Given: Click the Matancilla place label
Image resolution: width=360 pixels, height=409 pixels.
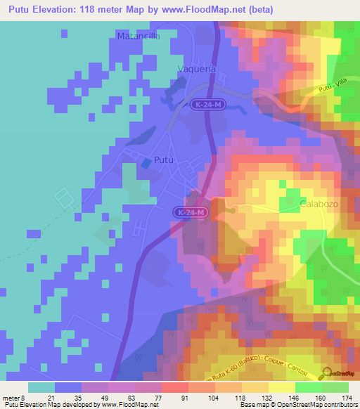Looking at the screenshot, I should click(x=141, y=34).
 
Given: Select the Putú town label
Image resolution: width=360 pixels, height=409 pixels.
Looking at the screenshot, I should click(x=163, y=159).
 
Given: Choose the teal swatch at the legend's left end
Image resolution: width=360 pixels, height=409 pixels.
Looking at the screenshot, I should click(x=41, y=387).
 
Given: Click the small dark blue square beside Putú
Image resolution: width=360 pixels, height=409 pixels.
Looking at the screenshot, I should click(x=146, y=163).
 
